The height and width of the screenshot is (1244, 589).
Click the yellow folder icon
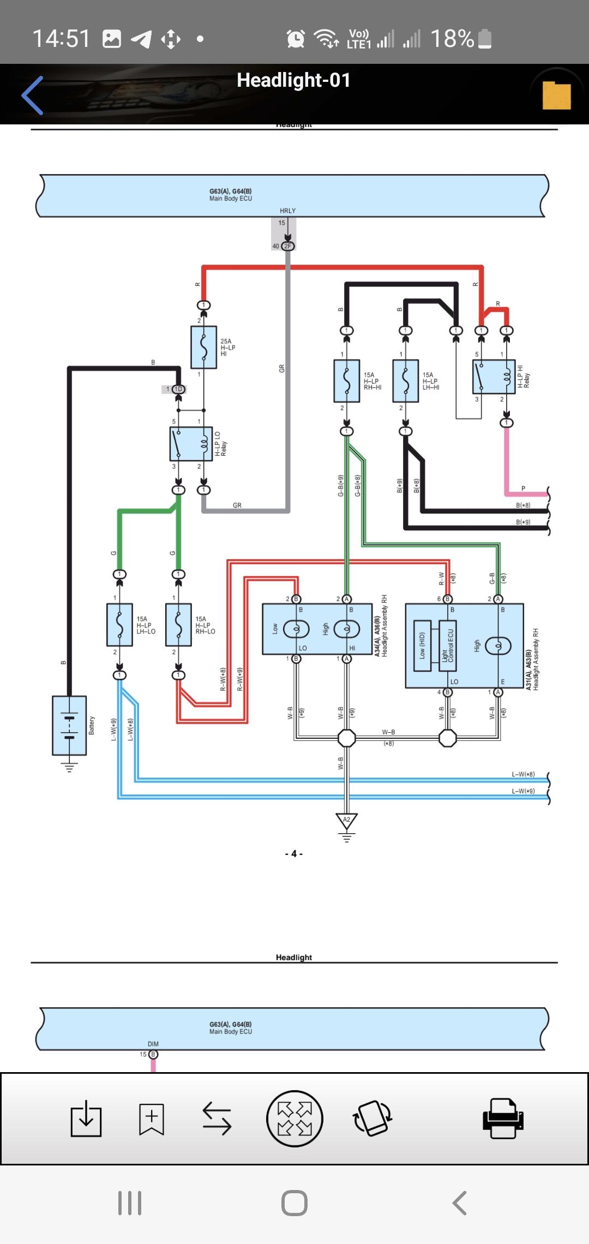556,95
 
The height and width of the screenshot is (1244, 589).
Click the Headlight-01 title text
293,80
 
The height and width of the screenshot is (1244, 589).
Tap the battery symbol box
69,725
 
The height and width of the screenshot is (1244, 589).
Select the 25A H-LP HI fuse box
203,348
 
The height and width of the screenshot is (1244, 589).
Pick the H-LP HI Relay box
494,377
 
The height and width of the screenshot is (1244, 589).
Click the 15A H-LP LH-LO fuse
120,625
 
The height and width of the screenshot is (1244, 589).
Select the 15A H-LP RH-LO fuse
178,625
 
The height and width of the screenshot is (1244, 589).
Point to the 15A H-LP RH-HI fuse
346,381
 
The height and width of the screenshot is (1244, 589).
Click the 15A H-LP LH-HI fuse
405,381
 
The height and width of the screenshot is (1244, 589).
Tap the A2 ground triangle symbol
346,821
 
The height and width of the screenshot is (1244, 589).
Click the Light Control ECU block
447,645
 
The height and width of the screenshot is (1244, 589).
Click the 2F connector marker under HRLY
287,246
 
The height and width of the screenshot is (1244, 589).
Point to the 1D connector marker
178,389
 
